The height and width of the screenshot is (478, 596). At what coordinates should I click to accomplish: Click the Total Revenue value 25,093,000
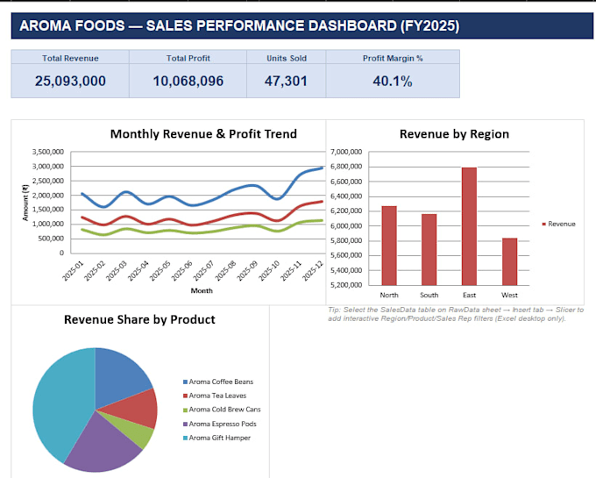pyautogui.click(x=70, y=81)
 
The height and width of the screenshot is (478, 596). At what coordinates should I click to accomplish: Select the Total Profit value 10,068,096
pyautogui.click(x=188, y=81)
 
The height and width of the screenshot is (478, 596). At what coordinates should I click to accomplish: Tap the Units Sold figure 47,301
pyautogui.click(x=286, y=81)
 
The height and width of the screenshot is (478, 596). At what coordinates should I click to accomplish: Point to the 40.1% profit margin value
pyautogui.click(x=393, y=81)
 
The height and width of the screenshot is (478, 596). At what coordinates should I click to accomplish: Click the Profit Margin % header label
pyautogui.click(x=393, y=58)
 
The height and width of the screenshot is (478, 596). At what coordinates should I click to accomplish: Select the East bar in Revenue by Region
pyautogui.click(x=469, y=226)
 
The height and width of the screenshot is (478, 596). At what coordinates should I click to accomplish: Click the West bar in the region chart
pyautogui.click(x=510, y=261)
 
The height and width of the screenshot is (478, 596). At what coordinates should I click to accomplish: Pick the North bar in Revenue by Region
pyautogui.click(x=389, y=246)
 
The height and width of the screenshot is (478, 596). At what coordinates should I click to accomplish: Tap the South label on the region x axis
pyautogui.click(x=429, y=295)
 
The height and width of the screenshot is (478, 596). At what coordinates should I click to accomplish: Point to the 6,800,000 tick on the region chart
pyautogui.click(x=346, y=167)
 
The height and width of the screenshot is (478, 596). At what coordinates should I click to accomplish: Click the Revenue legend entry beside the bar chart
pyautogui.click(x=559, y=224)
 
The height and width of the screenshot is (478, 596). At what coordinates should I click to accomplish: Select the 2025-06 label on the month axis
pyautogui.click(x=182, y=271)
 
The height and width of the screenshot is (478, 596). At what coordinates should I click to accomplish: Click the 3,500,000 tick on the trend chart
pyautogui.click(x=48, y=152)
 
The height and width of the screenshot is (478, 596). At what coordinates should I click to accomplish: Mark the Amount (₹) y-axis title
pyautogui.click(x=25, y=203)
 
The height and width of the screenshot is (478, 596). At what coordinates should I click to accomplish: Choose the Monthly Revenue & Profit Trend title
pyautogui.click(x=203, y=134)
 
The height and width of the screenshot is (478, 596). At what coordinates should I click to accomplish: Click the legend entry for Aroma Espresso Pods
pyautogui.click(x=220, y=424)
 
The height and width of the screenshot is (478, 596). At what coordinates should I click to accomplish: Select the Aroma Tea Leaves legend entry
pyautogui.click(x=215, y=396)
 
